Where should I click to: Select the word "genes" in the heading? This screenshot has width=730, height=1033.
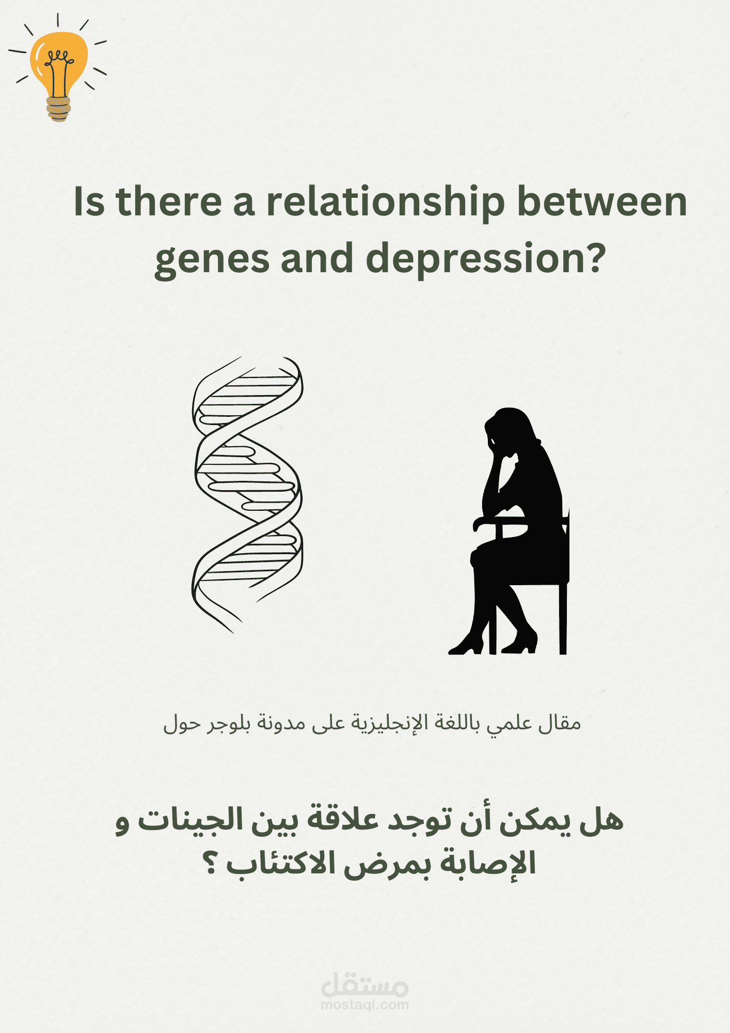tap(212, 259)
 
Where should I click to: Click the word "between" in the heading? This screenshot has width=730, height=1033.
tap(602, 201)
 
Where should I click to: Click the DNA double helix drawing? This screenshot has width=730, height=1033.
tap(247, 493)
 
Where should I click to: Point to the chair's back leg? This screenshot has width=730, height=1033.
tap(563, 620)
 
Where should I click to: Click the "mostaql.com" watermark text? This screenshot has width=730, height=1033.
tap(364, 1005)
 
